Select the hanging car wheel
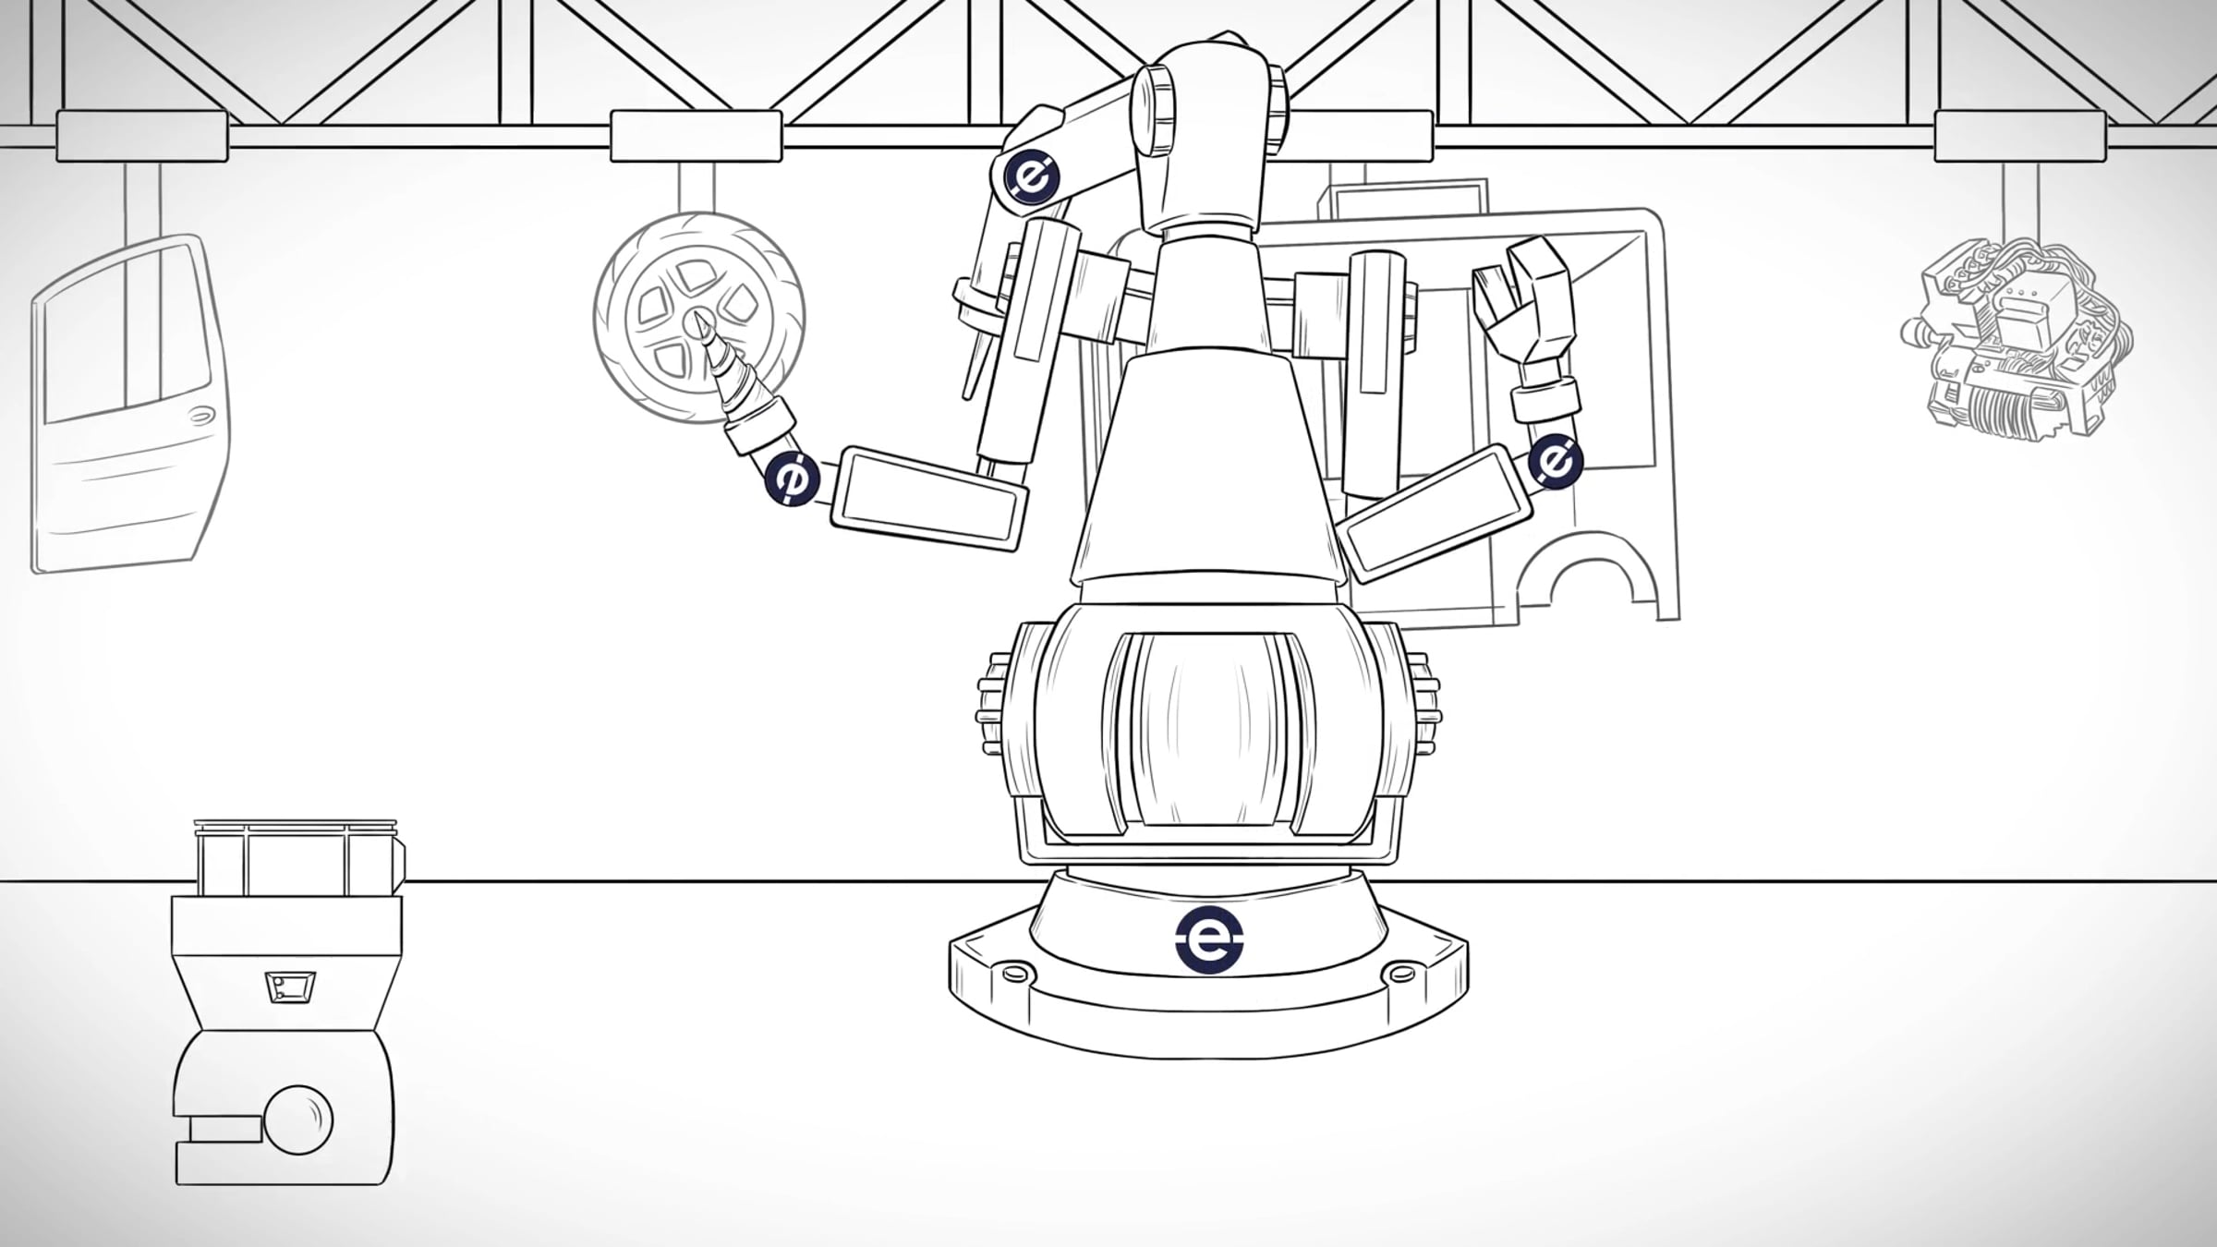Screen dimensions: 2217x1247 pyautogui.click(x=699, y=318)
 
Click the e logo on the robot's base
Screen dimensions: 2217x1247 pyautogui.click(x=1209, y=939)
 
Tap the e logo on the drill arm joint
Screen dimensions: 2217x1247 pyautogui.click(x=793, y=478)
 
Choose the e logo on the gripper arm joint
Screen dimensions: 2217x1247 pyautogui.click(x=1557, y=460)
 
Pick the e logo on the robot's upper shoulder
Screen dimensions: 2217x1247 pyautogui.click(x=1032, y=176)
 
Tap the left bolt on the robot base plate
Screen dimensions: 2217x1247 pyautogui.click(x=1015, y=972)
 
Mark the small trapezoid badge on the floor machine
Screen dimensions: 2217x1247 pyautogui.click(x=290, y=987)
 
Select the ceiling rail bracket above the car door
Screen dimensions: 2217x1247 pyautogui.click(x=142, y=136)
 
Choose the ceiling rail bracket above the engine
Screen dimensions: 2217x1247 pyautogui.click(x=2020, y=136)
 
